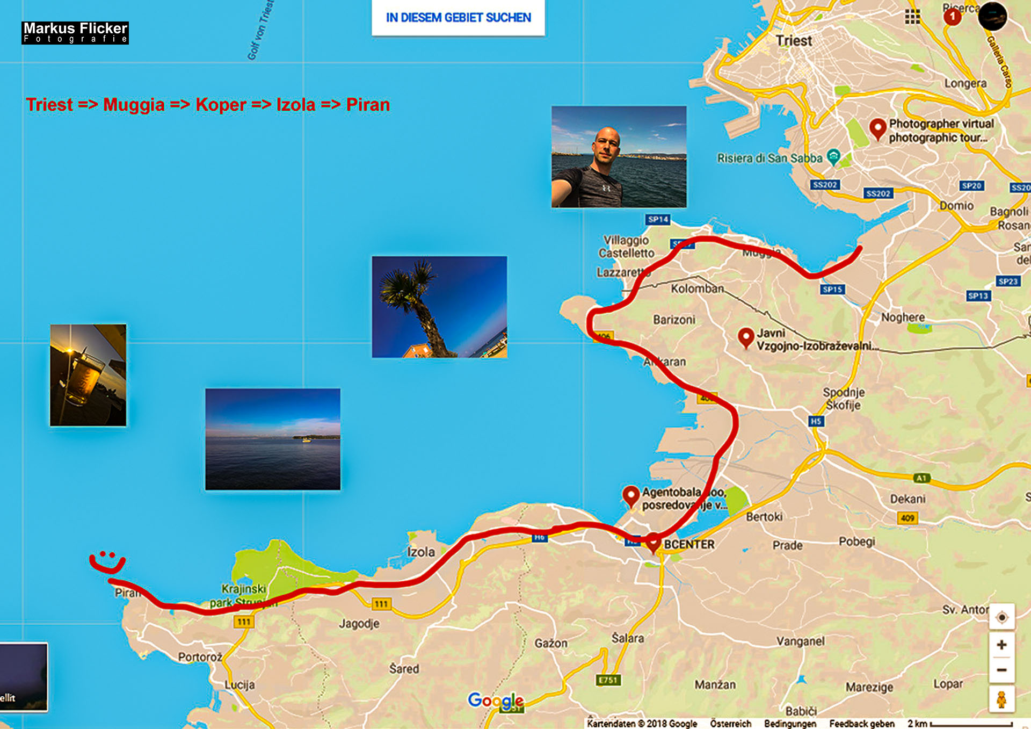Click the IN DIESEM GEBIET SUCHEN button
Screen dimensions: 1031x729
click(458, 18)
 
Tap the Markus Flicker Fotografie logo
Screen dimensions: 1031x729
click(75, 33)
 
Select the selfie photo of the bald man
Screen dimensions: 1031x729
click(619, 156)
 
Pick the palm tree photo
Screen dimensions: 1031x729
click(439, 307)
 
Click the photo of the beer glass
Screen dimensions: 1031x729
click(88, 375)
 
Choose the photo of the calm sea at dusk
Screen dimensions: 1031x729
click(272, 439)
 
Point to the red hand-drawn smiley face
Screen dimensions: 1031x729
click(107, 561)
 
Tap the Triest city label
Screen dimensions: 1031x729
click(794, 41)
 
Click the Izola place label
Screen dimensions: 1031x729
click(420, 552)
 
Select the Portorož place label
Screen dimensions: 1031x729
click(200, 657)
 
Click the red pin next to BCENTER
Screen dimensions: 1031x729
click(652, 542)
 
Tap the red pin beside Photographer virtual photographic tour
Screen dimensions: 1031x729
click(877, 129)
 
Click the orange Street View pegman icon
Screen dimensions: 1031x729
click(1001, 699)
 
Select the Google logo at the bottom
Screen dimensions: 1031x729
click(495, 700)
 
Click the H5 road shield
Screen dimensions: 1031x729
click(816, 421)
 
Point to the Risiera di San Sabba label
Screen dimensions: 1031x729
click(769, 158)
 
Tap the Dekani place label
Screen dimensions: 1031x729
click(907, 499)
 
